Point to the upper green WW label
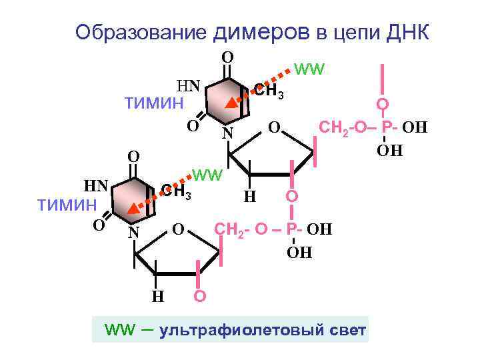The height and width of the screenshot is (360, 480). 308,69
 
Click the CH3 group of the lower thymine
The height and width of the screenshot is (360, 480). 175,193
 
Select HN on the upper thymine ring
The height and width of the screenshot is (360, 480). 187,85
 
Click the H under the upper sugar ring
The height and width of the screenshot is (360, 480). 249,197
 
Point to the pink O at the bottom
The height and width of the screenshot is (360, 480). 198,296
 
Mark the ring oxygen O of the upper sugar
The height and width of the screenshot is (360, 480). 272,127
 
